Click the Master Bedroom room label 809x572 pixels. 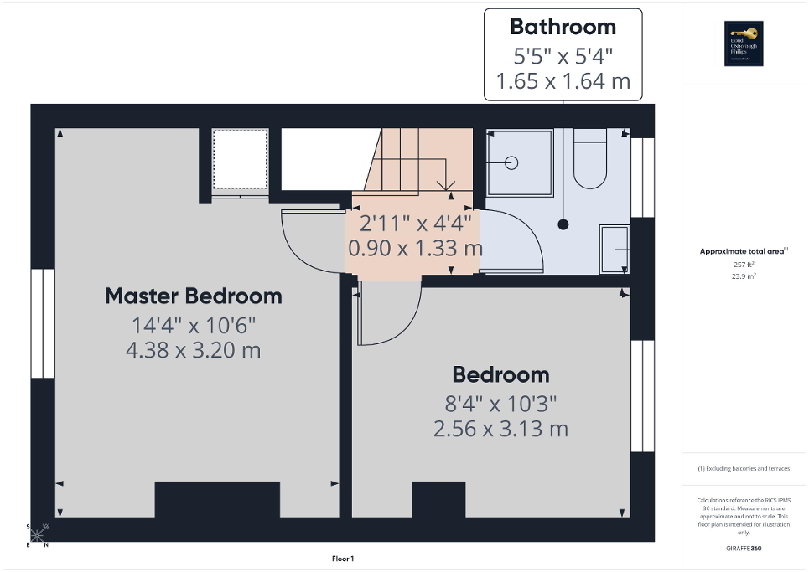pyautogui.click(x=193, y=296)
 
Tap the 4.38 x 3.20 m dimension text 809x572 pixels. pyautogui.click(x=193, y=350)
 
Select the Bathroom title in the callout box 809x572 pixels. pyautogui.click(x=563, y=27)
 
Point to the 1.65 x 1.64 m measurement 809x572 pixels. pyautogui.click(x=563, y=82)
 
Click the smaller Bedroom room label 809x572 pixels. pyautogui.click(x=500, y=374)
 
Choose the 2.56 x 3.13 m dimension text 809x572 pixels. pyautogui.click(x=500, y=429)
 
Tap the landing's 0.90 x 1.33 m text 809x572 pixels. pyautogui.click(x=415, y=249)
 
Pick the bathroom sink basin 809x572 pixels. pyautogui.click(x=615, y=250)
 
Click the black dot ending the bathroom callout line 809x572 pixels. pyautogui.click(x=563, y=224)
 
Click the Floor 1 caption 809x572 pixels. pyautogui.click(x=343, y=559)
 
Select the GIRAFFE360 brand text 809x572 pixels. pyautogui.click(x=744, y=549)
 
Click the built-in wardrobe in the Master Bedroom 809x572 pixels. pyautogui.click(x=240, y=162)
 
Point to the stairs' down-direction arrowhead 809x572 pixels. pyautogui.click(x=445, y=185)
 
